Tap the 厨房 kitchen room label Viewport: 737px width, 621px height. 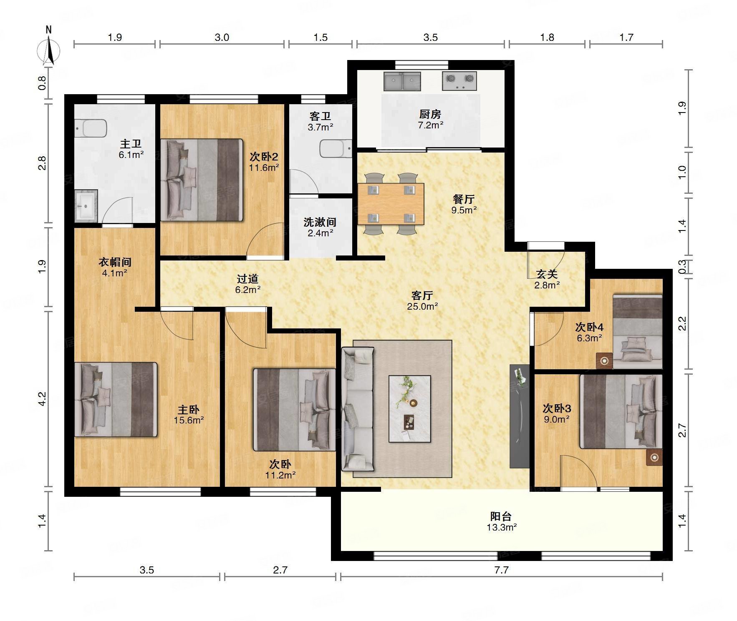[x=430, y=114]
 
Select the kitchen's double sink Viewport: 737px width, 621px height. [x=402, y=81]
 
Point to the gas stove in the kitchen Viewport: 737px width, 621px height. [x=459, y=81]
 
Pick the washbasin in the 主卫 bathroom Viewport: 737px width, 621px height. [x=86, y=205]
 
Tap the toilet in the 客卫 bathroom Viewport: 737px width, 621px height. [x=336, y=149]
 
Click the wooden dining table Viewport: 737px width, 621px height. [x=391, y=204]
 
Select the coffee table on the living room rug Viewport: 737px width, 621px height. [x=409, y=408]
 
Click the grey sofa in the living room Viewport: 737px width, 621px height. [x=358, y=409]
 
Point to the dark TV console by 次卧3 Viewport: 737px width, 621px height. [x=519, y=416]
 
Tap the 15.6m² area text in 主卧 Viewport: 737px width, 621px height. [x=189, y=420]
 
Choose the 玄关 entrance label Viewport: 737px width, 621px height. [x=547, y=274]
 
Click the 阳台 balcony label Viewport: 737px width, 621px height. [x=501, y=516]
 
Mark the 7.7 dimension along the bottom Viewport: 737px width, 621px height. [x=502, y=569]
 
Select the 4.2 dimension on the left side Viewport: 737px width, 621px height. [x=42, y=398]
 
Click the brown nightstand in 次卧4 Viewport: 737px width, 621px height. [x=604, y=361]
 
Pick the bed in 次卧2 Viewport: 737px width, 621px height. [x=202, y=180]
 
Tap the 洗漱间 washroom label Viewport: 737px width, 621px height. [x=320, y=222]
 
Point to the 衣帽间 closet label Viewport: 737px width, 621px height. [x=115, y=262]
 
